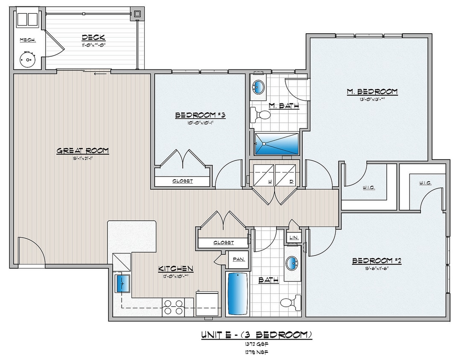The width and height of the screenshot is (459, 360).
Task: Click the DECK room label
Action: pos(93,38)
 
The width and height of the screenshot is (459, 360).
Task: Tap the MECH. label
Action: pos(27,40)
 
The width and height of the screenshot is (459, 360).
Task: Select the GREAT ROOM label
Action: pos(83,151)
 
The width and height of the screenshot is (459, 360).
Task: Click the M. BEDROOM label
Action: pos(372,91)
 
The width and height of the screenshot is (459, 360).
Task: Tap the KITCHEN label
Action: pos(176,269)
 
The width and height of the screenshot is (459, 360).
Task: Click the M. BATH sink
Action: pos(258,87)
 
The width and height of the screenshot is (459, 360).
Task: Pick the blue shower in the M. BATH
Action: pos(277,143)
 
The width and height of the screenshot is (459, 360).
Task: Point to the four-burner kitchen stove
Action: pos(173,307)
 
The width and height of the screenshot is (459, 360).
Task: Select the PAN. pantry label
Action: pos(238,259)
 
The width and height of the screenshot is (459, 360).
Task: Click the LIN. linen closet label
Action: pos(293,237)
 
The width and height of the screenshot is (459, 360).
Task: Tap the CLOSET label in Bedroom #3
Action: pos(182,181)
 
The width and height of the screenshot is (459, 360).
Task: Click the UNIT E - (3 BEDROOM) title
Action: pos(256,335)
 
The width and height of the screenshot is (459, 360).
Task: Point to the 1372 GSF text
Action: pos(256,344)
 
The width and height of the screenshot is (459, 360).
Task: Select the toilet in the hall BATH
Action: pos(289,303)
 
